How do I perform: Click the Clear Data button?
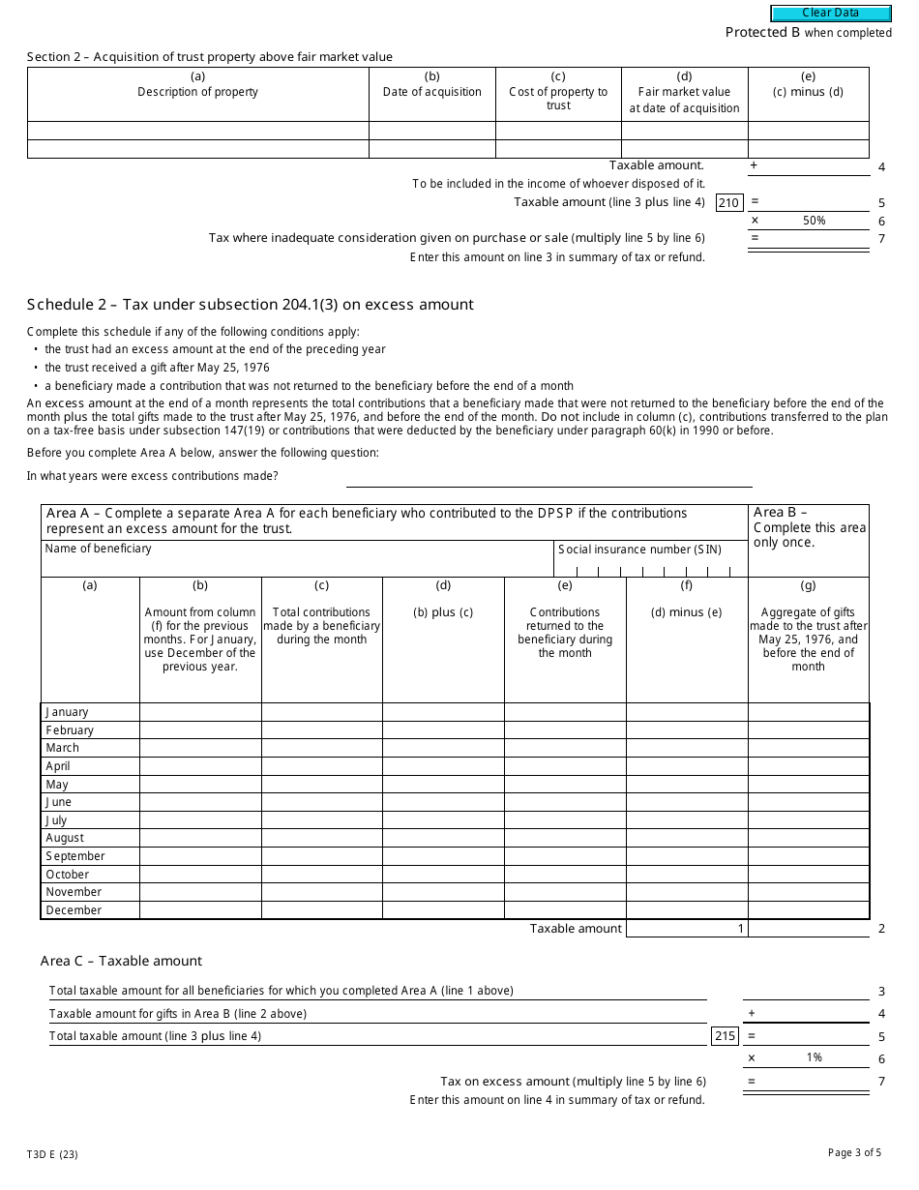tap(830, 14)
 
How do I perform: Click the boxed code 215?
tap(725, 1036)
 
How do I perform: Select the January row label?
tap(67, 712)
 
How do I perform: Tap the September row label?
tap(74, 856)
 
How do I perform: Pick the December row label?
tap(73, 910)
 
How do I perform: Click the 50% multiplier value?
tap(814, 221)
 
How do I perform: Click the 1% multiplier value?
tap(814, 1058)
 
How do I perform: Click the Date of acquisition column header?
tap(431, 92)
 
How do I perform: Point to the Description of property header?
tap(197, 92)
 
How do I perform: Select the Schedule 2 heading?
tap(251, 305)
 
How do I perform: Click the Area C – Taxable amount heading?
tap(121, 961)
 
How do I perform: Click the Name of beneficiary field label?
tap(98, 549)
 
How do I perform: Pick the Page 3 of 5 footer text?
tap(854, 1152)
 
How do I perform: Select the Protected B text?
tap(756, 33)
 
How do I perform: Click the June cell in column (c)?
tap(321, 802)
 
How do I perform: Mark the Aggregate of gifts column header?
tap(808, 639)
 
